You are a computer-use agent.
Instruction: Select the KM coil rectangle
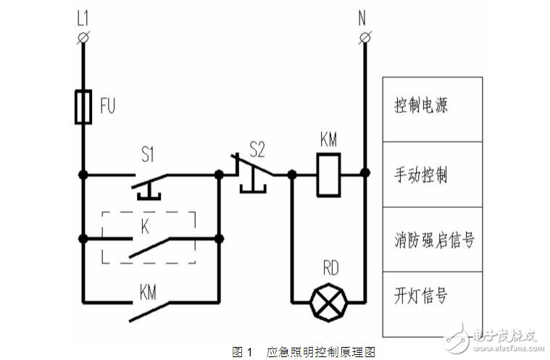click(x=328, y=174)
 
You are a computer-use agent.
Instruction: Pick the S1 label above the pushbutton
click(x=148, y=154)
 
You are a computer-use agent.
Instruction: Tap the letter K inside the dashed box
click(x=145, y=225)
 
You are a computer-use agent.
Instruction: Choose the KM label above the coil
click(x=328, y=137)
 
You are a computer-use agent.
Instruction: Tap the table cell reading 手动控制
click(x=433, y=175)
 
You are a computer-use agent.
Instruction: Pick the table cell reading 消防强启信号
click(x=433, y=239)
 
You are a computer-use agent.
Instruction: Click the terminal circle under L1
click(x=83, y=36)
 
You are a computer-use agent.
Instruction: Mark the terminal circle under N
click(x=364, y=36)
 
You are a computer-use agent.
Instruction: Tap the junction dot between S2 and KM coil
click(x=291, y=174)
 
